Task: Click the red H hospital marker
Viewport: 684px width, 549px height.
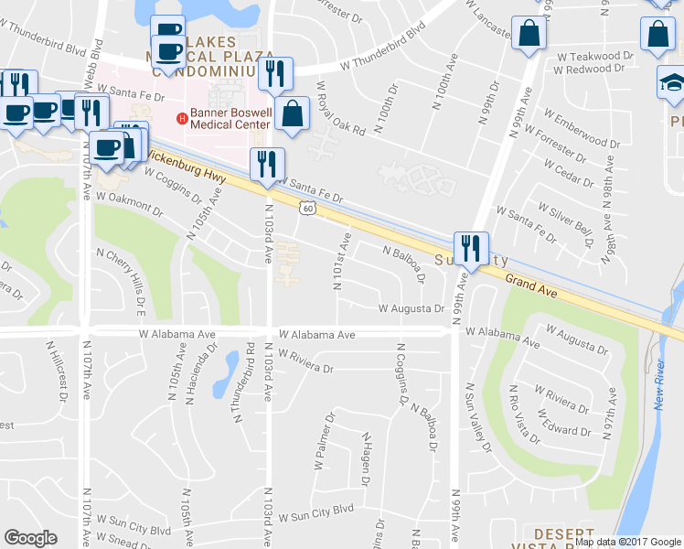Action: click(x=182, y=118)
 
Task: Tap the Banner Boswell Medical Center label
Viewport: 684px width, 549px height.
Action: click(x=230, y=119)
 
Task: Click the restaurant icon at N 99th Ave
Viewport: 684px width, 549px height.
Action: click(x=471, y=248)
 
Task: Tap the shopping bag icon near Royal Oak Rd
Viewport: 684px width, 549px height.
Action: click(x=292, y=113)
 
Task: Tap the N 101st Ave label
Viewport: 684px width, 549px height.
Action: click(x=341, y=261)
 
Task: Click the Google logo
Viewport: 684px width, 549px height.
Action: click(x=30, y=538)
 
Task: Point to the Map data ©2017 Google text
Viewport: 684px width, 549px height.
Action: click(x=626, y=542)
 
